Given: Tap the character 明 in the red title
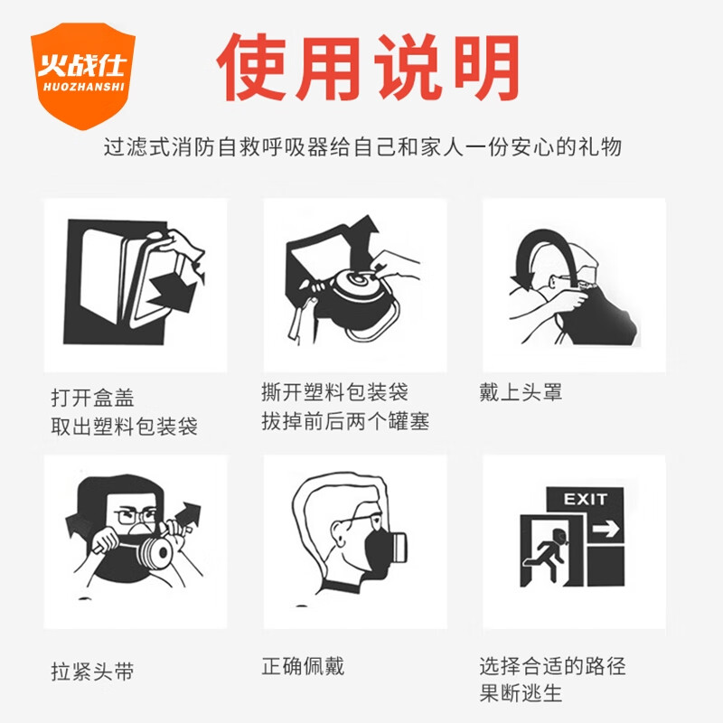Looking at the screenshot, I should pyautogui.click(x=484, y=69).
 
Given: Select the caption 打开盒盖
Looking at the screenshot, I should pyautogui.click(x=93, y=397).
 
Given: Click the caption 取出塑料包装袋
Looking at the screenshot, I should pyautogui.click(x=124, y=426).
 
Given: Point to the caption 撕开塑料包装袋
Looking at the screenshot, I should pyautogui.click(x=334, y=391).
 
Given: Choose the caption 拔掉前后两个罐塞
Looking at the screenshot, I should pyautogui.click(x=345, y=421).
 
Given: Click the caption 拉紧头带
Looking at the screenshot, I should pyautogui.click(x=93, y=672).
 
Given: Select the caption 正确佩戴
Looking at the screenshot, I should pyautogui.click(x=303, y=667).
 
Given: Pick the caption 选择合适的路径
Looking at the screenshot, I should pyautogui.click(x=552, y=667).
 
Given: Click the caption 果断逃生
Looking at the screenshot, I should pyautogui.click(x=521, y=695).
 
